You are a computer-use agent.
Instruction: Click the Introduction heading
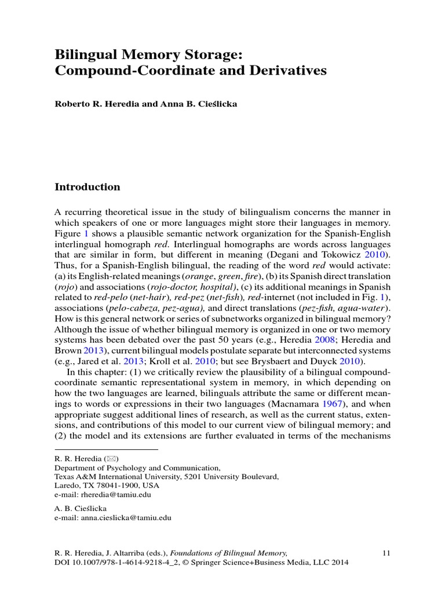pyautogui.click(x=87, y=187)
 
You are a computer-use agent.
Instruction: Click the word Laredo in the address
pyautogui.click(x=66, y=486)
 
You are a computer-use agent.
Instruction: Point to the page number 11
pyautogui.click(x=387, y=552)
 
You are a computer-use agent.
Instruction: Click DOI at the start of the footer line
pyautogui.click(x=62, y=562)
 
